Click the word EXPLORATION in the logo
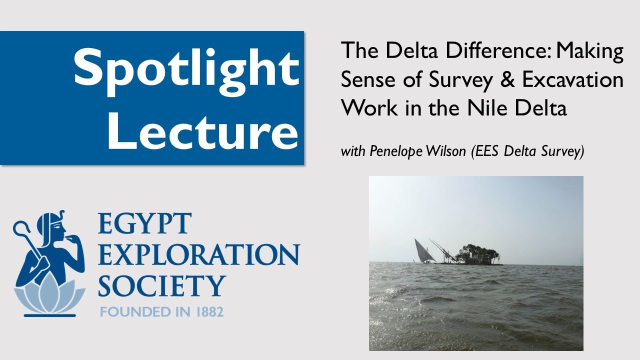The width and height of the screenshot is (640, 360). [x=198, y=254]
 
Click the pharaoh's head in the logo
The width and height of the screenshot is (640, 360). [x=55, y=228]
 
